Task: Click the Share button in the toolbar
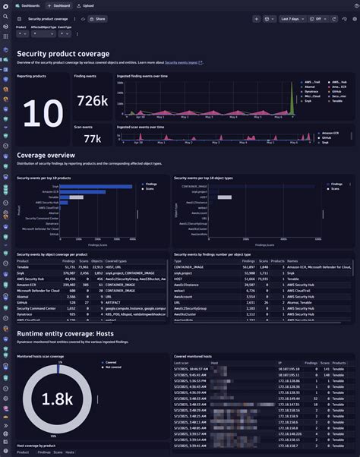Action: [x=96, y=17]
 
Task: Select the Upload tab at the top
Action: [x=87, y=5]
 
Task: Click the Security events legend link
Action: [x=182, y=64]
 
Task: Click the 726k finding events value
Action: [x=92, y=100]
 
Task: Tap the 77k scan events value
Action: [x=92, y=138]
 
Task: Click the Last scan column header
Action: [x=182, y=364]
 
